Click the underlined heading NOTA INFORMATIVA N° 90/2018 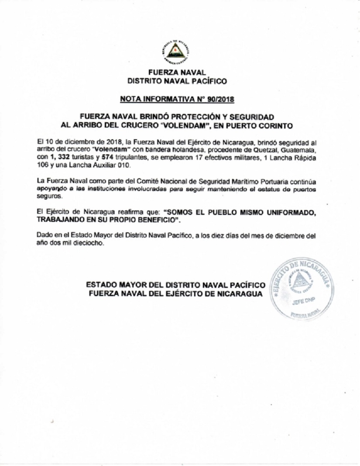pyautogui.click(x=177, y=99)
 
